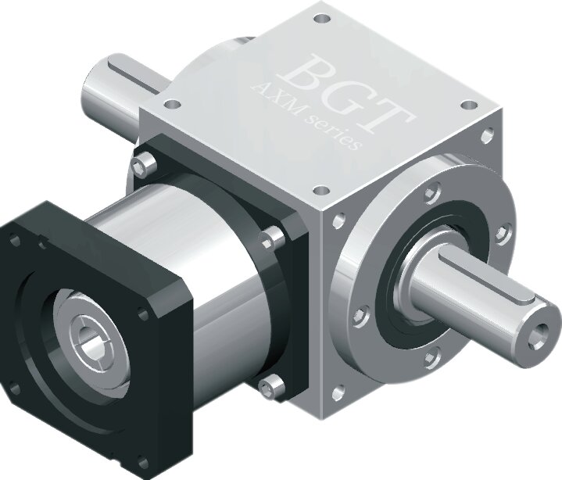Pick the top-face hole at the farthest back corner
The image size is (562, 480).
point(321,18)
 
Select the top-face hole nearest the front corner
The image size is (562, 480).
point(321,190)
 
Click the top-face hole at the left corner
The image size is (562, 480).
point(173,104)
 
